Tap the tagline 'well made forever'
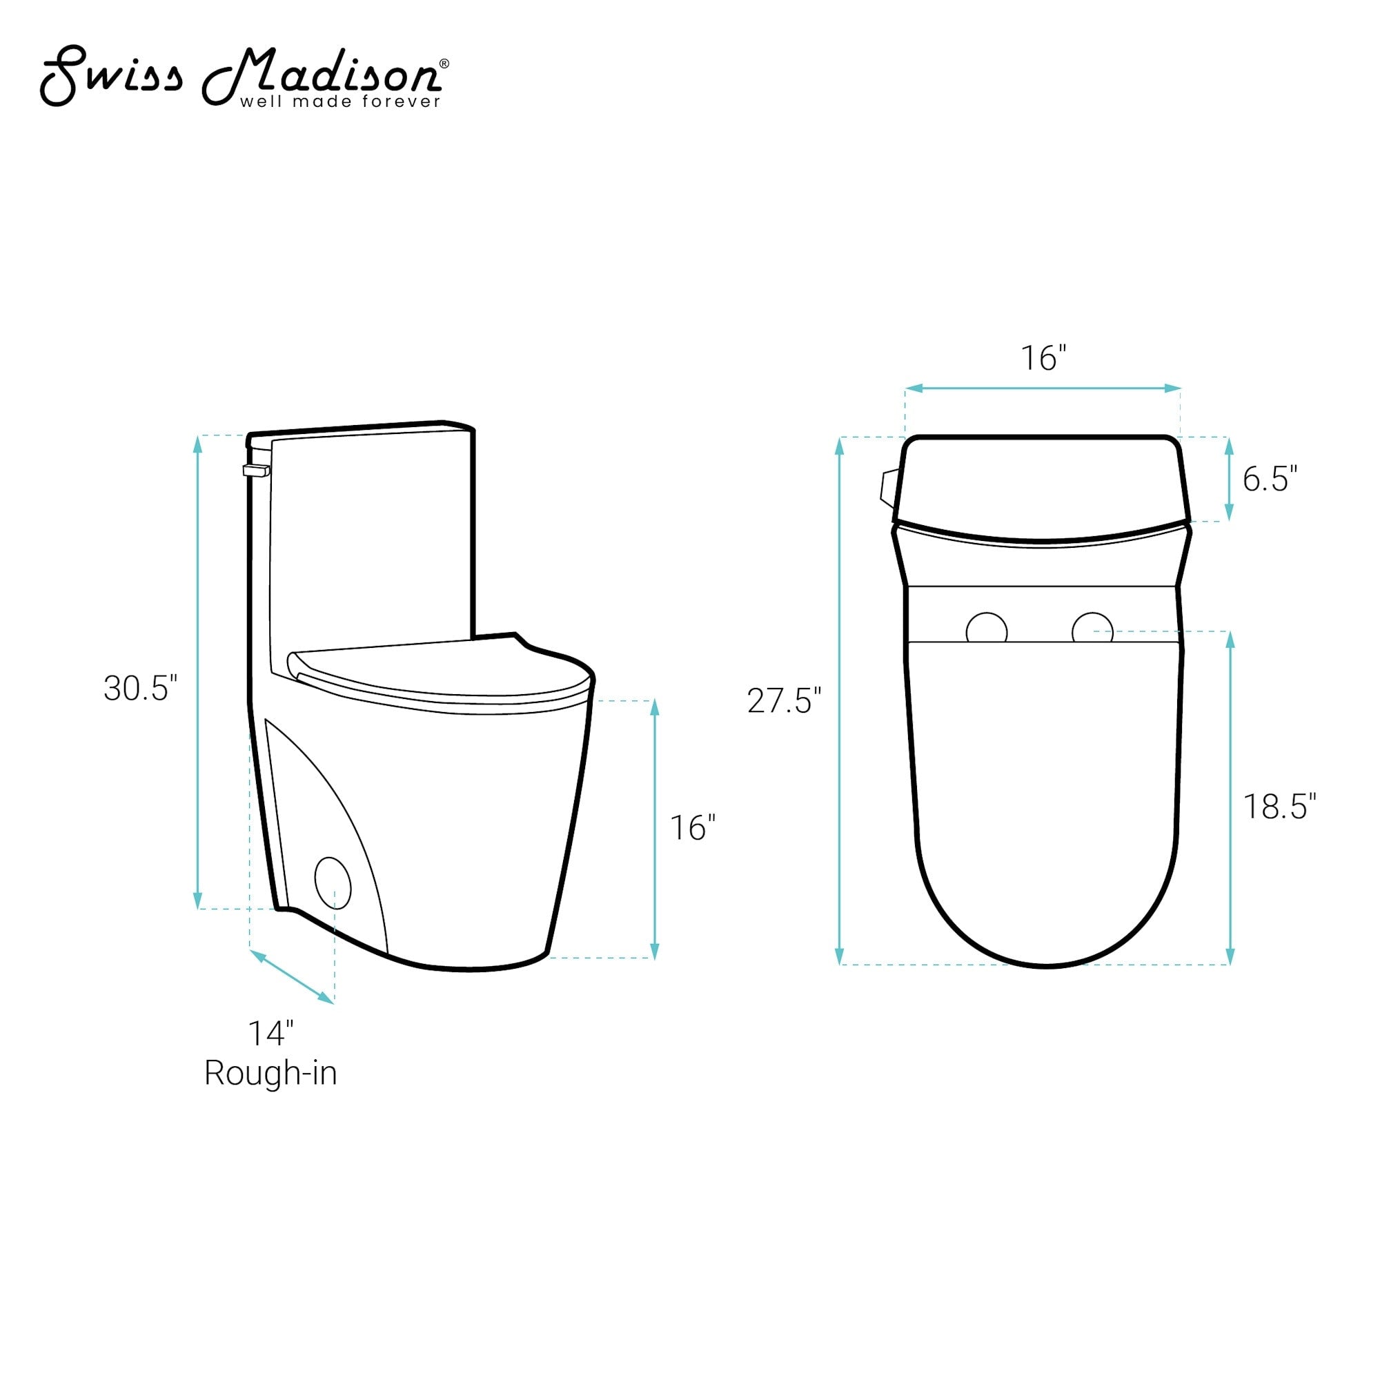[341, 101]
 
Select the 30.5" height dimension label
[140, 689]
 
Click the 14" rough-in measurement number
[270, 1034]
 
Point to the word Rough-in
[270, 1073]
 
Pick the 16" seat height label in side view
[692, 827]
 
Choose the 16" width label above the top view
[1043, 359]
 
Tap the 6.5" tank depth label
[1270, 479]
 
